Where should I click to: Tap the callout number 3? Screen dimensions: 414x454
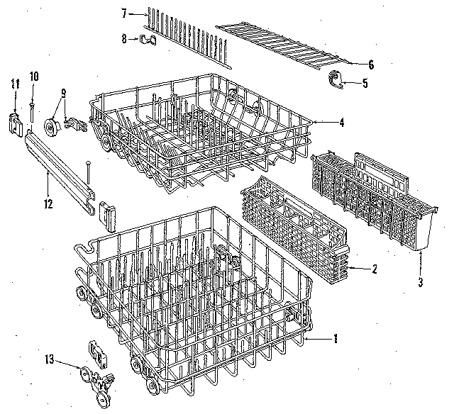tap(421, 283)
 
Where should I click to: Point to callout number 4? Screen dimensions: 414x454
tap(341, 122)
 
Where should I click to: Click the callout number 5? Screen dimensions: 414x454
tap(365, 83)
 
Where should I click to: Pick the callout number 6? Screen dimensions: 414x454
tap(370, 64)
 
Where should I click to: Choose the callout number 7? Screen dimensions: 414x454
tap(123, 13)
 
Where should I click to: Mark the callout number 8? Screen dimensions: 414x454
tap(124, 39)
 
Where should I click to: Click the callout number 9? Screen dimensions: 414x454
tap(63, 92)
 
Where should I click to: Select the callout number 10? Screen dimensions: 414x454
tap(33, 76)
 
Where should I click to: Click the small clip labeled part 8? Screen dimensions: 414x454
tap(148, 39)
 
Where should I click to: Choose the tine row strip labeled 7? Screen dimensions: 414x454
tap(188, 35)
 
